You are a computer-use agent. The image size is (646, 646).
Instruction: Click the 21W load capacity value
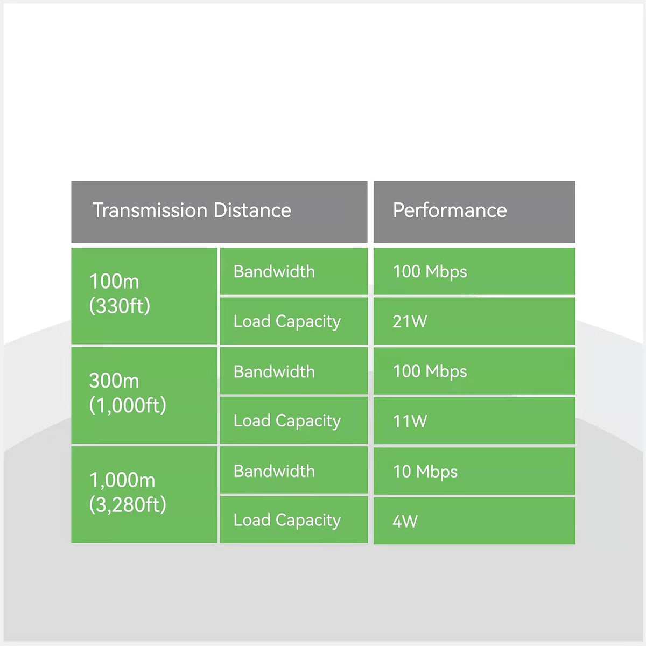tap(410, 321)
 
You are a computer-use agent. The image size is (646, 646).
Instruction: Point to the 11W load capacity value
tap(410, 421)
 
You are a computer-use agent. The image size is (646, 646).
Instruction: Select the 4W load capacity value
tap(405, 521)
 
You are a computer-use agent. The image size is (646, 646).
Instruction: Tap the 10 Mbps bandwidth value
tap(425, 472)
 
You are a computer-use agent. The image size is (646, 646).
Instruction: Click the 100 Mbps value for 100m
tap(430, 271)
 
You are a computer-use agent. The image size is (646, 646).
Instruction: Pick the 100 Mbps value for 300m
tap(430, 371)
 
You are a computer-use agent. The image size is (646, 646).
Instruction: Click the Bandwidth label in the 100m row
tap(274, 271)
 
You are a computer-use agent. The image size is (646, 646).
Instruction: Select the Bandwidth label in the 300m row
tap(274, 371)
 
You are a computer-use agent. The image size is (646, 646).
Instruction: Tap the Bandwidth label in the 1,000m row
tap(274, 471)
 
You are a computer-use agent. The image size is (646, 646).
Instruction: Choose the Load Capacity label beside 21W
tap(287, 322)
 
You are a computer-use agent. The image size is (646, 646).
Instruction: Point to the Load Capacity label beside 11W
tap(287, 421)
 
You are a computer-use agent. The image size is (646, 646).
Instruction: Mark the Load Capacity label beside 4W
tap(287, 521)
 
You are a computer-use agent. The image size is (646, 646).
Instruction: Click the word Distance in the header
tap(252, 210)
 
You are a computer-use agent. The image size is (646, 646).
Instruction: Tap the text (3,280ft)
tap(128, 504)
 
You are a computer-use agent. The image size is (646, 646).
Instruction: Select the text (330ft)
tap(120, 306)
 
